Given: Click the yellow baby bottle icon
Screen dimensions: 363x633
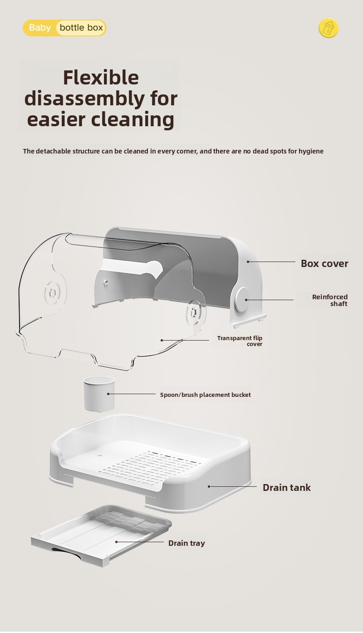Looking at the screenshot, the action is pyautogui.click(x=328, y=28).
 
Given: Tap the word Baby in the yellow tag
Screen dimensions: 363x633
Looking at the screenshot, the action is pyautogui.click(x=40, y=28).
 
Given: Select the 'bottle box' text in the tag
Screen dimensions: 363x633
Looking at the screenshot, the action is pyautogui.click(x=81, y=28).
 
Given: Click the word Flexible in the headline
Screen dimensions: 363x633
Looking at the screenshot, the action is pyautogui.click(x=101, y=78).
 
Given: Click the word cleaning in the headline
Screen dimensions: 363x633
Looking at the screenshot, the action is pyautogui.click(x=132, y=119).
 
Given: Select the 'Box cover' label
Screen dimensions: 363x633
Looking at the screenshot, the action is pyautogui.click(x=324, y=263).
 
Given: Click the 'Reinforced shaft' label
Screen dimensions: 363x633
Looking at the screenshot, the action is pyautogui.click(x=330, y=300).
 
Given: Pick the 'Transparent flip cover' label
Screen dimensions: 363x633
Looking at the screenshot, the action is pyautogui.click(x=240, y=341).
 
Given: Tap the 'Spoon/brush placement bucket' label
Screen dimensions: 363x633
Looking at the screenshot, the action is pyautogui.click(x=205, y=395).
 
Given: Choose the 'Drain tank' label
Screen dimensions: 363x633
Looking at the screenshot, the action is pyautogui.click(x=286, y=488).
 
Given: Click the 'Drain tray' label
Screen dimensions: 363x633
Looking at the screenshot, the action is pyautogui.click(x=186, y=543).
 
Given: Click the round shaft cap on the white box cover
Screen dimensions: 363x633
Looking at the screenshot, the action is pyautogui.click(x=242, y=300).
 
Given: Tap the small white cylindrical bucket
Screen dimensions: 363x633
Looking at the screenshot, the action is pyautogui.click(x=99, y=394).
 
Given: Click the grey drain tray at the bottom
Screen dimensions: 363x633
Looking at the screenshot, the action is pyautogui.click(x=101, y=534).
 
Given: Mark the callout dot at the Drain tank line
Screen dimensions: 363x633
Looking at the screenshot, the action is pyautogui.click(x=209, y=487).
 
